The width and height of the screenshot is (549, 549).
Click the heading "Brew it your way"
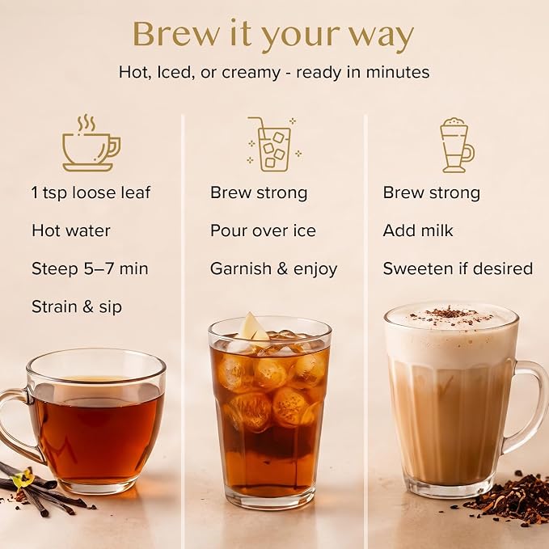(x=273, y=35)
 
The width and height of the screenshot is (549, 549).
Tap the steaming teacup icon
(x=91, y=143)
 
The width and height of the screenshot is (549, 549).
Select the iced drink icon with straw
(x=274, y=144)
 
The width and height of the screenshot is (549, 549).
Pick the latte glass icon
(x=458, y=145)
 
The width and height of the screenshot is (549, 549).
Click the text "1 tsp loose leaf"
(x=91, y=193)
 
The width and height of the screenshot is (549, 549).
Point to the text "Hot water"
(x=71, y=230)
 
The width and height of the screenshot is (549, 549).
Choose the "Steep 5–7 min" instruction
(x=90, y=269)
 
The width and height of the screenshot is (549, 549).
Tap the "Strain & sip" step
(x=77, y=307)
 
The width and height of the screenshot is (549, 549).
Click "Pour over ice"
(x=263, y=230)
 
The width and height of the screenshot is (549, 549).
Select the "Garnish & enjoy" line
(x=274, y=269)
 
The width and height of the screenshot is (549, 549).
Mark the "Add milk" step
(x=418, y=230)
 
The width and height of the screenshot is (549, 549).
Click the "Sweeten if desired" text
(x=458, y=269)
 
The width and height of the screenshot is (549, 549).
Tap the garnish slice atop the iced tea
(x=253, y=327)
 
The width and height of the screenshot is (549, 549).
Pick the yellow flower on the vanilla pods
(x=23, y=479)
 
